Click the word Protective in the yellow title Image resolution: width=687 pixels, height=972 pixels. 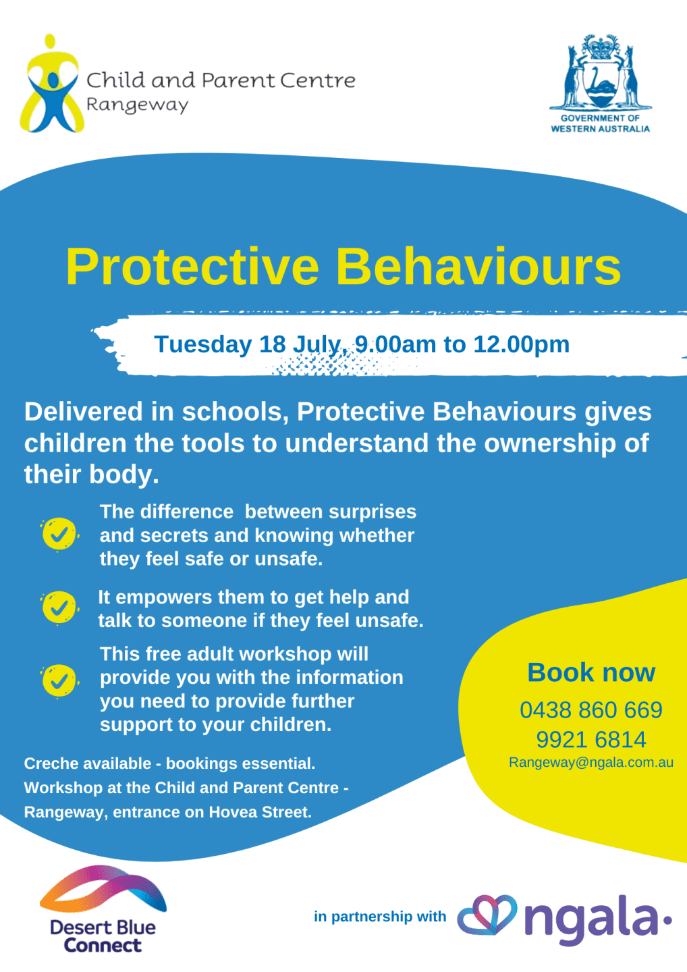click(192, 267)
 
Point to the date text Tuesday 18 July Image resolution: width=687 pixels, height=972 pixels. click(247, 344)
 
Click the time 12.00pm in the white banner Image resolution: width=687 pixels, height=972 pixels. click(521, 344)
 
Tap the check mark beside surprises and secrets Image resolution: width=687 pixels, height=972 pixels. click(59, 535)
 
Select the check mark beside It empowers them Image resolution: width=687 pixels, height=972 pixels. click(59, 607)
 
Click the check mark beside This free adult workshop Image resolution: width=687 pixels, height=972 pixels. click(59, 680)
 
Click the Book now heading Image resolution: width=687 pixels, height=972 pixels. click(591, 672)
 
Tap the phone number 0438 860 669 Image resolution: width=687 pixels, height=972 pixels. click(591, 710)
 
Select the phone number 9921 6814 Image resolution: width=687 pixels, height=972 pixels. click(591, 740)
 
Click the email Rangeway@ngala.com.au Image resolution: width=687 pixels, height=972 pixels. click(591, 763)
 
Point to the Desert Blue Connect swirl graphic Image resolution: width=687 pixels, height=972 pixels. click(103, 890)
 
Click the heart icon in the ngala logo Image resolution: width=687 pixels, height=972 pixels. click(487, 916)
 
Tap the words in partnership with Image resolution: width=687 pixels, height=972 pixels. click(380, 917)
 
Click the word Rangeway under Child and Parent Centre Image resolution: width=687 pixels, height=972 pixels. click(137, 105)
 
